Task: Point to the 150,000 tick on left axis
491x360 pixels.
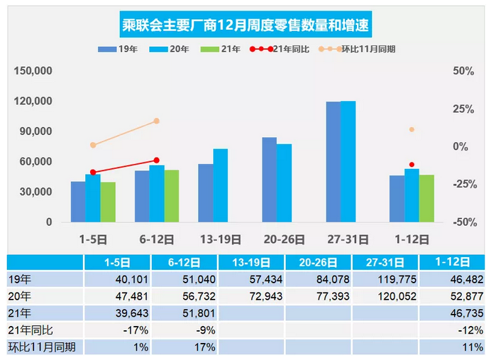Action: (x=33, y=71)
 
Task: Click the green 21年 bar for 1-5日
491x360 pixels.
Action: (x=108, y=202)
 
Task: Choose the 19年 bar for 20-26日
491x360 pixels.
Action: (x=270, y=180)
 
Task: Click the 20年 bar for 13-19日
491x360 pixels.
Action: (x=221, y=185)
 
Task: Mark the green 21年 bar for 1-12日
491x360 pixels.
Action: (x=426, y=199)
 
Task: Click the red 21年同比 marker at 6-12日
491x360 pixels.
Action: (x=157, y=160)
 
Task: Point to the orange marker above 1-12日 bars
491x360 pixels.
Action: (x=412, y=129)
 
